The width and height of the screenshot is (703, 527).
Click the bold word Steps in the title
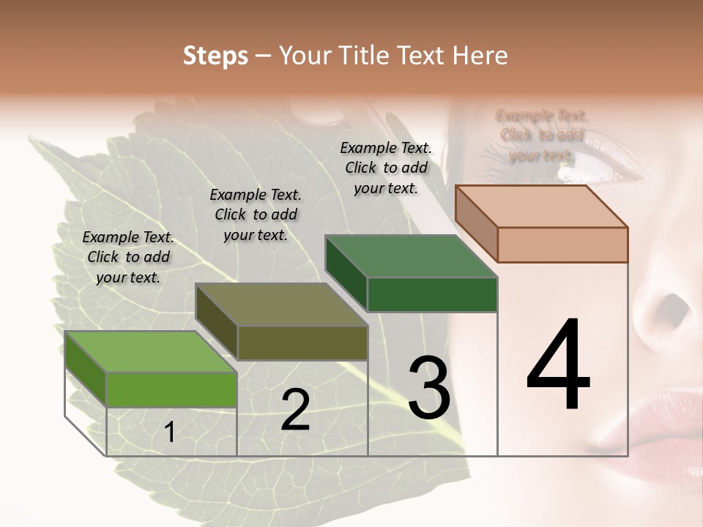[x=215, y=56]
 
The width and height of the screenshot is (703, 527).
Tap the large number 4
[x=558, y=366]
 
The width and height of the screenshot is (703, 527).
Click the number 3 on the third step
[x=428, y=388]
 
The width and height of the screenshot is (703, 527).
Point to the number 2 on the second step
[x=295, y=411]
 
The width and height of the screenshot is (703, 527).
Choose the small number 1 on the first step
[x=169, y=433]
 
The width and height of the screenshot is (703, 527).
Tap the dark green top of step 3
[x=410, y=255]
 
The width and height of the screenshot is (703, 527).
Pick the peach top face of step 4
[x=540, y=206]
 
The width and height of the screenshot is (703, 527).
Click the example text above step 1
[x=128, y=257]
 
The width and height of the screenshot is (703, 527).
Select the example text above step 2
[x=256, y=214]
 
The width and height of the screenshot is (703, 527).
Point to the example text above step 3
[x=386, y=168]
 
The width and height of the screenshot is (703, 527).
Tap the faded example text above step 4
[x=541, y=135]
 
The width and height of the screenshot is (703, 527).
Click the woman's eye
[x=579, y=173]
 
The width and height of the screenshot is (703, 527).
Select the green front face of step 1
[x=171, y=389]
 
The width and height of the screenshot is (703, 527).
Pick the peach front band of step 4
[x=562, y=244]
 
